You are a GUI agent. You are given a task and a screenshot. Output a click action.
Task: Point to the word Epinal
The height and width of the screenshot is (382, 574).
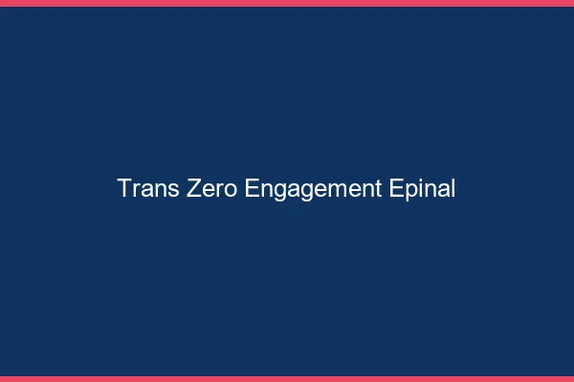424,189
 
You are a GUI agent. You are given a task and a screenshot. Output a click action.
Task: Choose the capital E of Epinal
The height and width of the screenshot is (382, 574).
398,189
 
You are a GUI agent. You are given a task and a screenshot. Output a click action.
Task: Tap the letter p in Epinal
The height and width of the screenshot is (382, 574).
411,191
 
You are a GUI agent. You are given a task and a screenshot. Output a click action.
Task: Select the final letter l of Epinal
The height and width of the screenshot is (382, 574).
453,189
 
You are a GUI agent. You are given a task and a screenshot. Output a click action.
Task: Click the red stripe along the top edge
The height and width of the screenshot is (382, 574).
287,3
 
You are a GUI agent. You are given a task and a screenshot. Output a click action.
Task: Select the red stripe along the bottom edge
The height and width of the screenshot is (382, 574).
287,379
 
